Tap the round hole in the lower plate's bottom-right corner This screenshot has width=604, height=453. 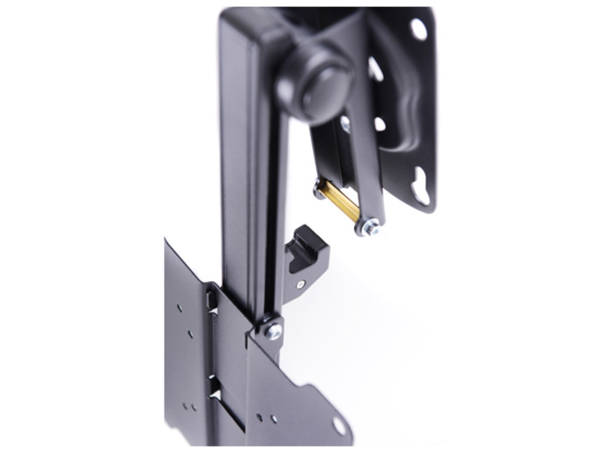click(339, 426)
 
